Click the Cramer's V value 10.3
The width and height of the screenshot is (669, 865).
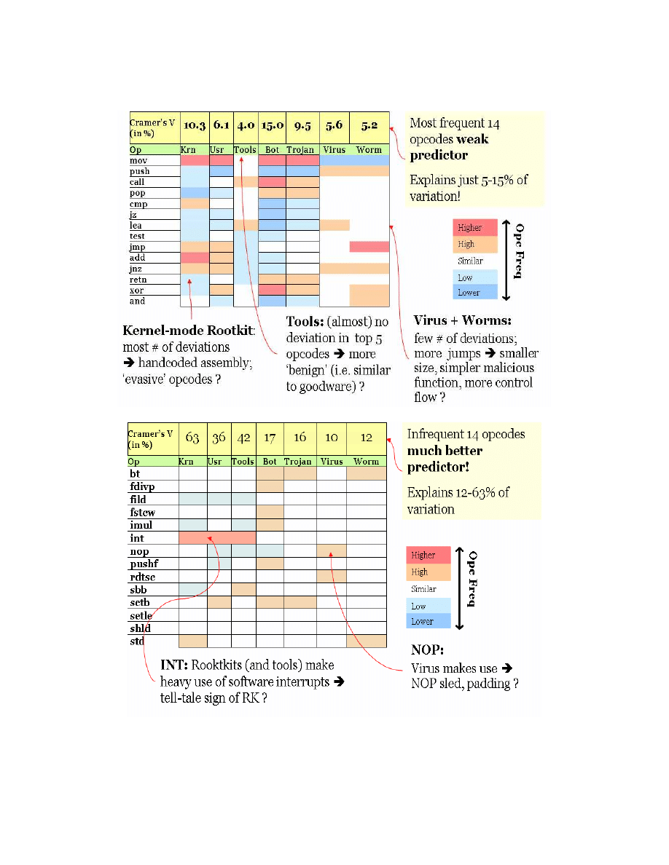click(194, 125)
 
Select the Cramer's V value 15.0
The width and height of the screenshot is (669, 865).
click(271, 125)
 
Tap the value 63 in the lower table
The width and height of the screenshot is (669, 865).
click(192, 438)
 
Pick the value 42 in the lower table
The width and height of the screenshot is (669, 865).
click(243, 438)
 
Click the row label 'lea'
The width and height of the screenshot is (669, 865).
click(136, 226)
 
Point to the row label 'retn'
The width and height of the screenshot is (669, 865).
click(138, 280)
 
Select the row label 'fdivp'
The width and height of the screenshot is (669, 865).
click(142, 486)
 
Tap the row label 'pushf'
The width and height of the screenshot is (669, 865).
click(142, 564)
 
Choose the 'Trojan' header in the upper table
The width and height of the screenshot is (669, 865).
click(300, 150)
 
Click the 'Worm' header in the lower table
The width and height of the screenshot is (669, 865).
click(367, 462)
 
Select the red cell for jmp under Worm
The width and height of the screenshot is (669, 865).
click(369, 247)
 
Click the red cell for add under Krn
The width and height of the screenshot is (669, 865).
click(194, 258)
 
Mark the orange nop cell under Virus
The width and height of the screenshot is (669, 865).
click(332, 551)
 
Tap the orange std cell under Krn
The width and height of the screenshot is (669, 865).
click(192, 641)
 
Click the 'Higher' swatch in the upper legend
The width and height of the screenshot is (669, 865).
click(475, 227)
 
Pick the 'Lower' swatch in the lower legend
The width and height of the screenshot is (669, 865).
click(429, 622)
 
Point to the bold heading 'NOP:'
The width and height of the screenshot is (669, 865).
click(427, 649)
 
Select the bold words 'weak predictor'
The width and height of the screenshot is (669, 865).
click(450, 147)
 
